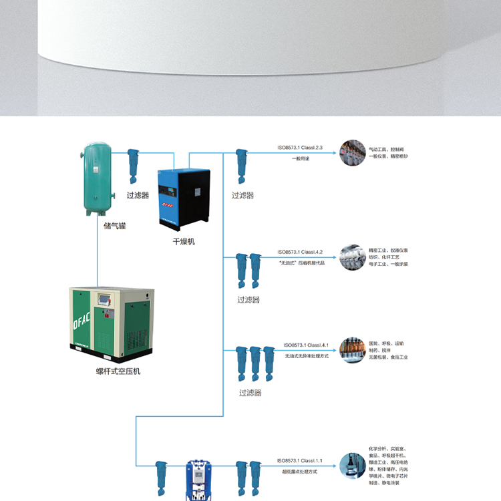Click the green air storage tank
[97, 177]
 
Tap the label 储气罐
[115, 225]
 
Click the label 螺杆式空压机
[118, 371]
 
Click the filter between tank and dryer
[133, 166]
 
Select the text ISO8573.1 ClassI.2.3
[300, 148]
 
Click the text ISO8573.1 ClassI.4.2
[300, 252]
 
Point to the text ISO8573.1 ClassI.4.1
[305, 345]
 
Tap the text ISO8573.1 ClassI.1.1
[300, 461]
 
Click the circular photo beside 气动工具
[351, 153]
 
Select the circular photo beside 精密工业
[351, 257]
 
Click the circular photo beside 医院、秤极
[351, 350]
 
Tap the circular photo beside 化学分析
[351, 466]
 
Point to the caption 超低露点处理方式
[300, 472]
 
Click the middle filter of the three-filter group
[255, 363]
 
